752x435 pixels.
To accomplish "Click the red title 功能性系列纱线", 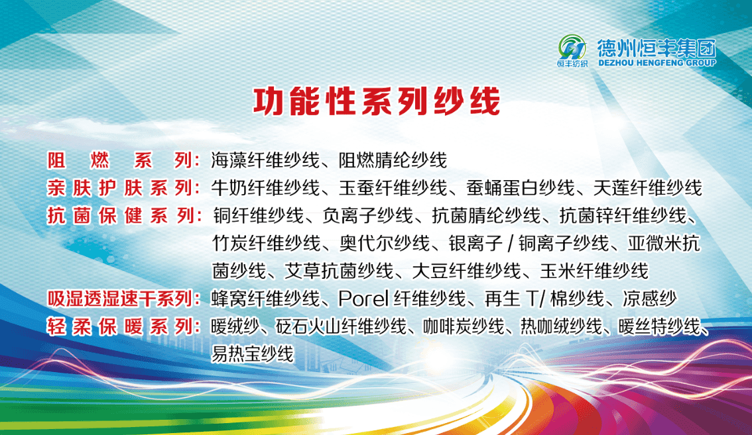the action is click(377, 101).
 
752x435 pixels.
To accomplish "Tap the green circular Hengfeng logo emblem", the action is click(572, 47).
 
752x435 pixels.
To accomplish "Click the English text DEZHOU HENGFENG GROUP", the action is click(657, 62).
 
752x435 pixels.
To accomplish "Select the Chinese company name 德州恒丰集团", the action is click(657, 48).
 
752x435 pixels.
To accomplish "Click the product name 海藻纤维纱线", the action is click(265, 160).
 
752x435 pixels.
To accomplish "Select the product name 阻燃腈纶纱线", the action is click(393, 160).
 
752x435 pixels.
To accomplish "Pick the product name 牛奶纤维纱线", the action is click(265, 188).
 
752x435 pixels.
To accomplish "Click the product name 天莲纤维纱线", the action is click(647, 188).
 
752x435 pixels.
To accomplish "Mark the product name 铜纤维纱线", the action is click(258, 216).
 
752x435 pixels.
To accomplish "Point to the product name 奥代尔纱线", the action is click(385, 244).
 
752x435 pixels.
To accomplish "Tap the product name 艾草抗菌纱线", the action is click(339, 271).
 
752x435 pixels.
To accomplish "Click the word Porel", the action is click(363, 299).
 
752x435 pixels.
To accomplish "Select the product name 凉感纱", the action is click(649, 299).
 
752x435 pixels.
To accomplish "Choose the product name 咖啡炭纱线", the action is click(464, 326).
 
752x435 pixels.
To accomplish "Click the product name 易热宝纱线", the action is click(252, 354).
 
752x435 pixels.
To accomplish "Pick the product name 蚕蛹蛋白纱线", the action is click(521, 188).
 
